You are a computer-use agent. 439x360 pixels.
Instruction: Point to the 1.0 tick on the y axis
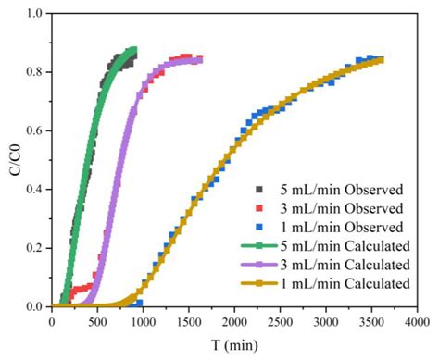pyautogui.click(x=34, y=13)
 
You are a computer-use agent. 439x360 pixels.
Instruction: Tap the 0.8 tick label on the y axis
pyautogui.click(x=34, y=71)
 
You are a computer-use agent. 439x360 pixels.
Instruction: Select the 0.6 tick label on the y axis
pyautogui.click(x=34, y=130)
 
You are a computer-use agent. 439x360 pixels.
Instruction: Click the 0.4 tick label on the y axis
pyautogui.click(x=34, y=189)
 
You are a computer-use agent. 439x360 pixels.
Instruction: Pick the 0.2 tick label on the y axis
pyautogui.click(x=34, y=248)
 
